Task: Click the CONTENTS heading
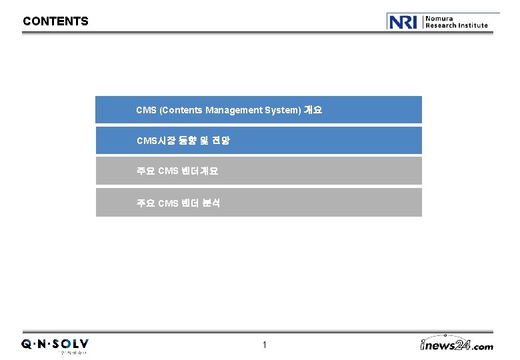tap(55, 21)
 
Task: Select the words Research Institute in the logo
tap(457, 25)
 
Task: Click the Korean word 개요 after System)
tap(313, 110)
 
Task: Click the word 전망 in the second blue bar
tap(221, 141)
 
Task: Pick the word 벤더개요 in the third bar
tap(199, 171)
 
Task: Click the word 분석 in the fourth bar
tap(211, 203)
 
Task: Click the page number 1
tap(265, 345)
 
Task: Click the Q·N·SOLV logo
tap(55, 344)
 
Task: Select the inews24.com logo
tap(457, 344)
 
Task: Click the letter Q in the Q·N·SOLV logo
tap(25, 344)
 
